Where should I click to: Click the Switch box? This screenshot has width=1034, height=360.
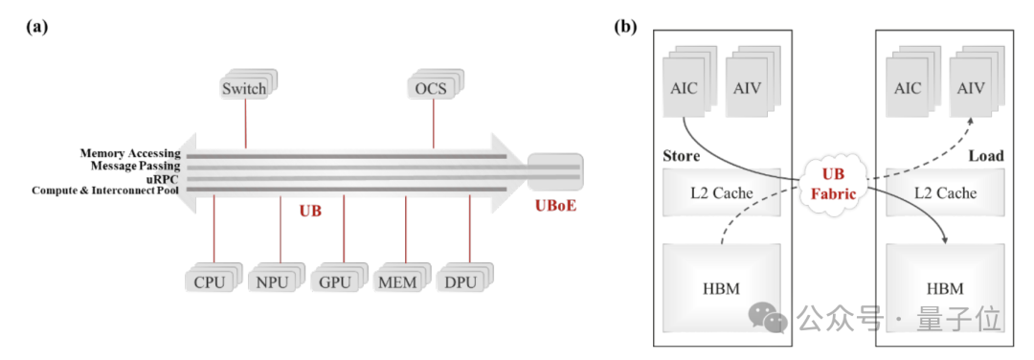pos(247,85)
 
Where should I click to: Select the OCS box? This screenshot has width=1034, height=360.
pos(435,85)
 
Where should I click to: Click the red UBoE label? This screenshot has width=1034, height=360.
pos(555,206)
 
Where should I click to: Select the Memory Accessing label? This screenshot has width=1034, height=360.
pos(130,153)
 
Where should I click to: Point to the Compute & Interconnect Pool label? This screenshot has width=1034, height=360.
pos(106,191)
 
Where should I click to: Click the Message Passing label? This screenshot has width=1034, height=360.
pos(136,167)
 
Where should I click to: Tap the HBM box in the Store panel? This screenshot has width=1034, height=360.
pos(721,287)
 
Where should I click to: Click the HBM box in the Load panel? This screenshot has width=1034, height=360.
pos(946,287)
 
